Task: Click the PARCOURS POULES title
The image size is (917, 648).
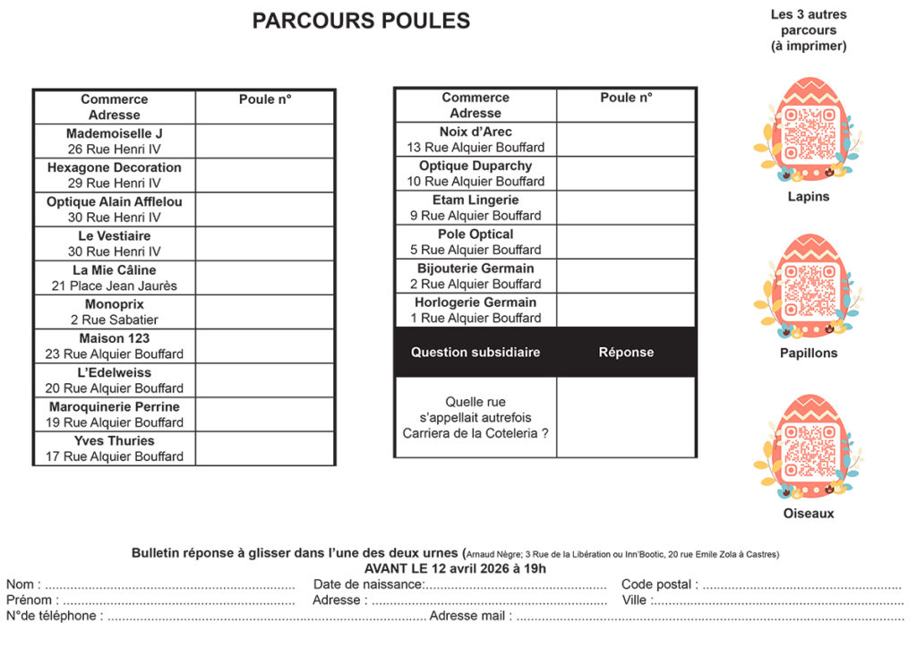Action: [x=361, y=21]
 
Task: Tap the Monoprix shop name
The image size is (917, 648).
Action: [x=115, y=304]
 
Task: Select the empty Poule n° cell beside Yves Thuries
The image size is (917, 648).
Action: [x=265, y=448]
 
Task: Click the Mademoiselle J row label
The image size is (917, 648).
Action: [x=115, y=133]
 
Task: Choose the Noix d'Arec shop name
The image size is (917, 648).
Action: [x=476, y=132]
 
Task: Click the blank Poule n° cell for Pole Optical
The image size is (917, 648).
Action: [x=626, y=242]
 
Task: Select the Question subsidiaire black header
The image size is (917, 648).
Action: [x=476, y=353]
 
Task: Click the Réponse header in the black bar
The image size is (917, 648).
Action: [x=626, y=353]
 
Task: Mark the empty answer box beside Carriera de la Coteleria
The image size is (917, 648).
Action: [x=626, y=417]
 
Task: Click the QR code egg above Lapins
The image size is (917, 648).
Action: [x=809, y=131]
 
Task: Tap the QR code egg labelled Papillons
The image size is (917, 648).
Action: [x=809, y=287]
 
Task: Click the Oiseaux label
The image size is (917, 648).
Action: [x=809, y=514]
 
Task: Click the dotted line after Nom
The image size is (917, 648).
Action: [x=170, y=585]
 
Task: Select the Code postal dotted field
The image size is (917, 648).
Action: [x=801, y=585]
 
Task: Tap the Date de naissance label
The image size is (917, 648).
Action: [x=368, y=584]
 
